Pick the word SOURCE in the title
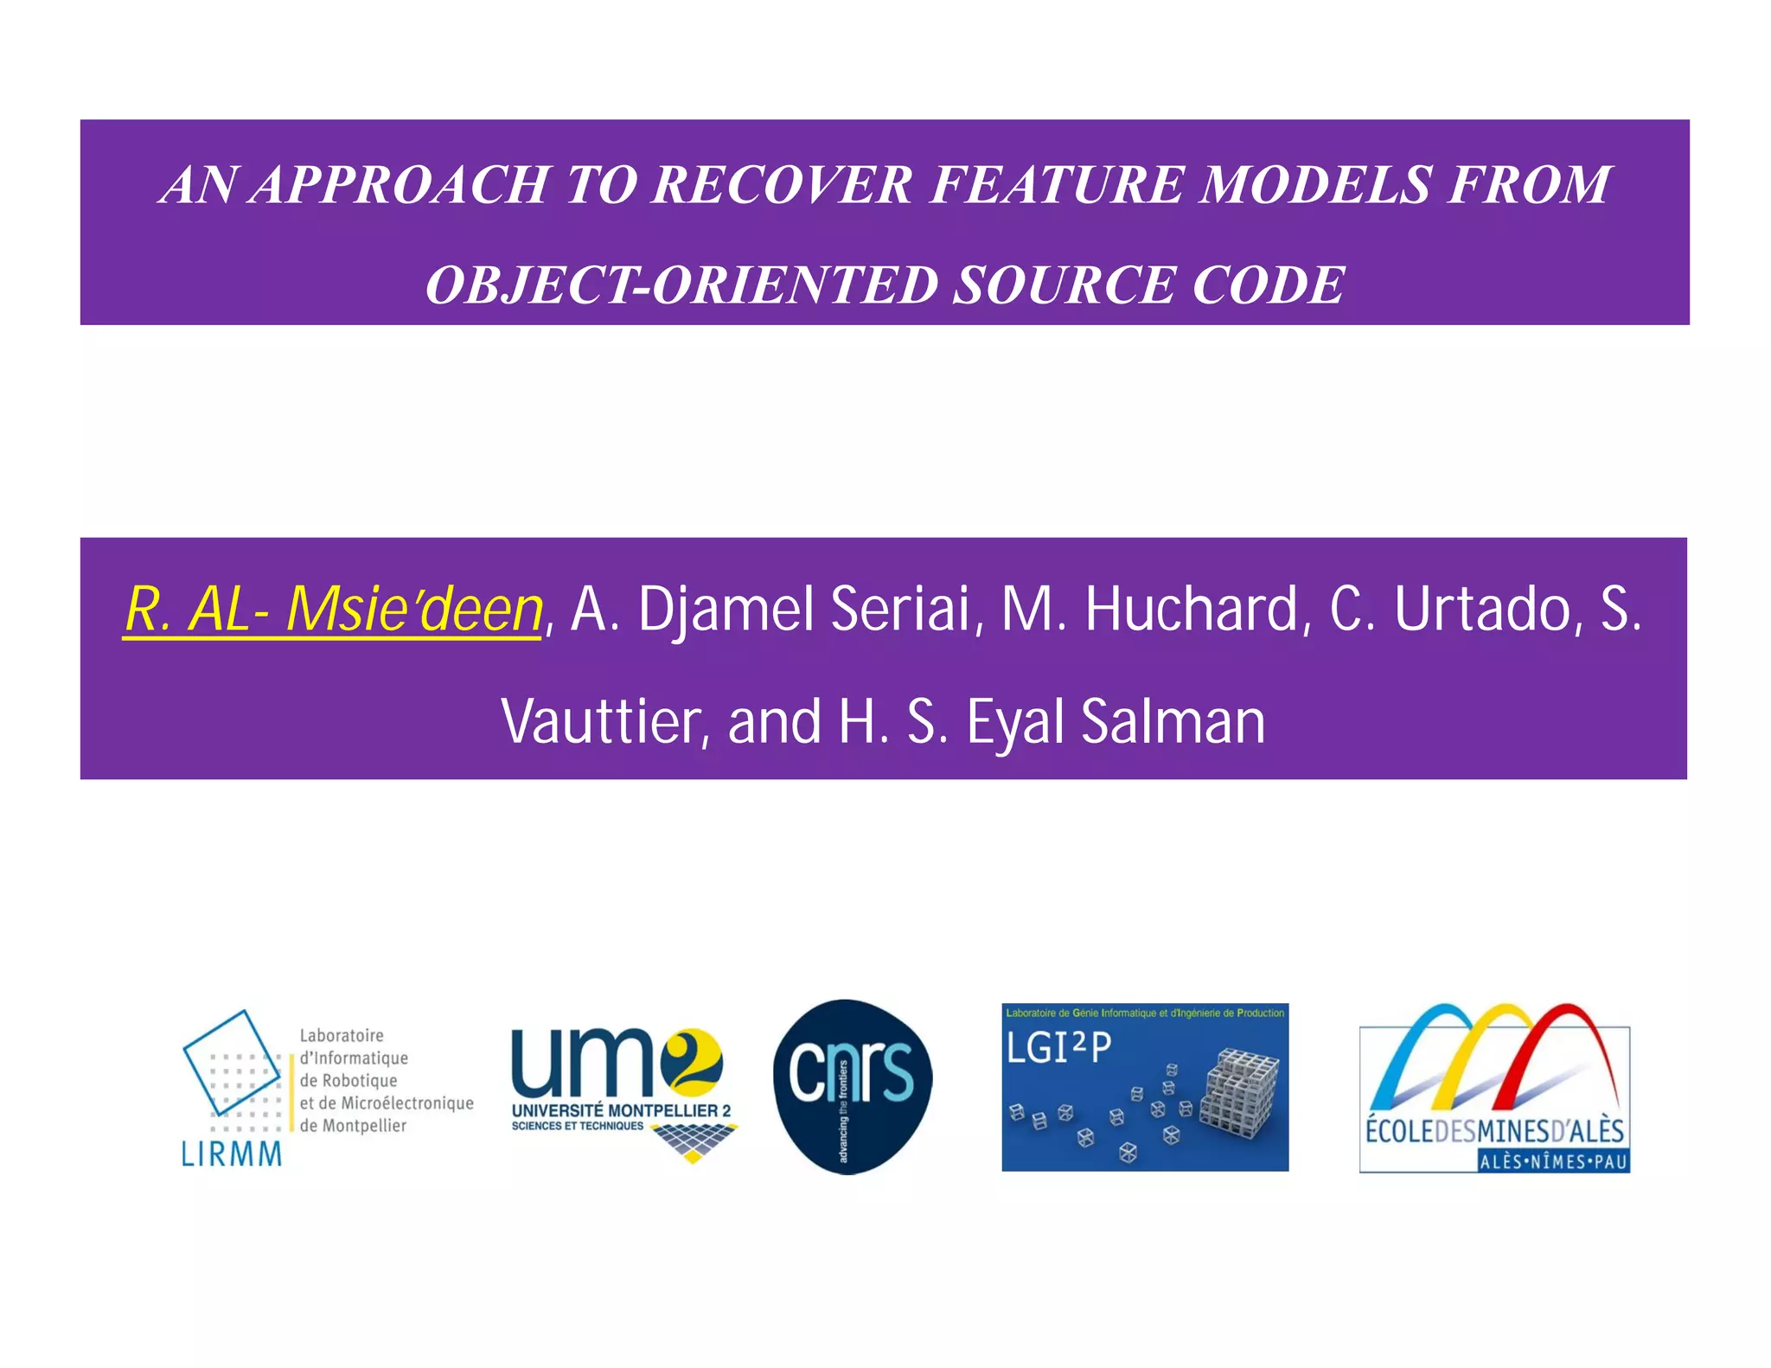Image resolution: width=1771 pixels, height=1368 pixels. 1065,285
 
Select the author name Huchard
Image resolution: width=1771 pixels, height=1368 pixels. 1192,610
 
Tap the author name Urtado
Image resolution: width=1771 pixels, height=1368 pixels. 1482,610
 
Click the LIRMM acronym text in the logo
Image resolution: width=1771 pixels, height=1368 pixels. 231,1154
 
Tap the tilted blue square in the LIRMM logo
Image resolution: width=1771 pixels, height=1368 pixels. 232,1062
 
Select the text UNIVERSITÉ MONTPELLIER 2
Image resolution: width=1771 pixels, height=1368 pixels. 621,1110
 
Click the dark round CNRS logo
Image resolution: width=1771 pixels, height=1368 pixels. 852,1086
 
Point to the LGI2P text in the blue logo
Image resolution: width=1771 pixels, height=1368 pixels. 1058,1049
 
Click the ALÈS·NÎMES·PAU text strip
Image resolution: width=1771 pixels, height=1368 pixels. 1553,1161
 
